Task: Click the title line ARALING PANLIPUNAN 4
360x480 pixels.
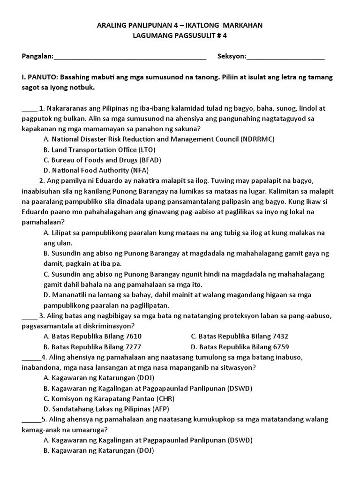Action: pyautogui.click(x=180, y=26)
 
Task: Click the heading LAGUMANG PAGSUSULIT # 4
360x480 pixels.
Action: pyautogui.click(x=180, y=36)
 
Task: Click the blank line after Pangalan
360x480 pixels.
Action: pyautogui.click(x=130, y=57)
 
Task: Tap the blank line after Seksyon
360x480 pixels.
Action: pyautogui.click(x=285, y=57)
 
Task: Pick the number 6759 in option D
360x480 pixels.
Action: pyautogui.click(x=278, y=347)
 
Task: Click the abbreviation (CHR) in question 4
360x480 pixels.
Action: pyautogui.click(x=148, y=398)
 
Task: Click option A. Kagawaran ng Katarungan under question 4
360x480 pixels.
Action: pyautogui.click(x=98, y=378)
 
